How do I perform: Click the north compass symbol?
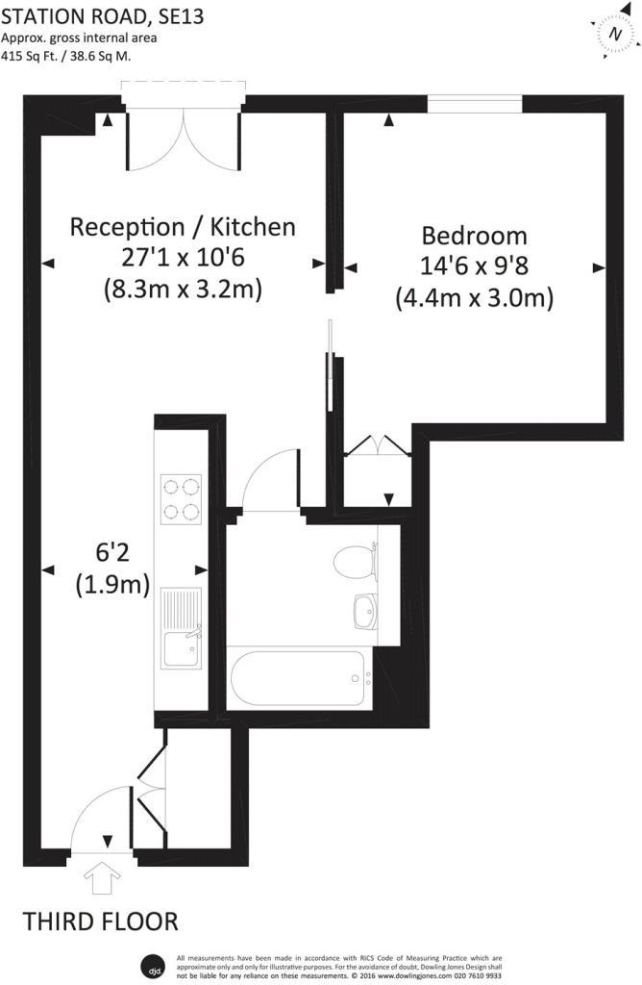[615, 33]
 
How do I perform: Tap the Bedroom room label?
[475, 236]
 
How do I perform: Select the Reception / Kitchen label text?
[183, 228]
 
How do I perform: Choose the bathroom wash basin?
[365, 609]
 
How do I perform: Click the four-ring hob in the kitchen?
[182, 498]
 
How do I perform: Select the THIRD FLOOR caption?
[101, 922]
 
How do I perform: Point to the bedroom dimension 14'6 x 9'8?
[475, 267]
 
